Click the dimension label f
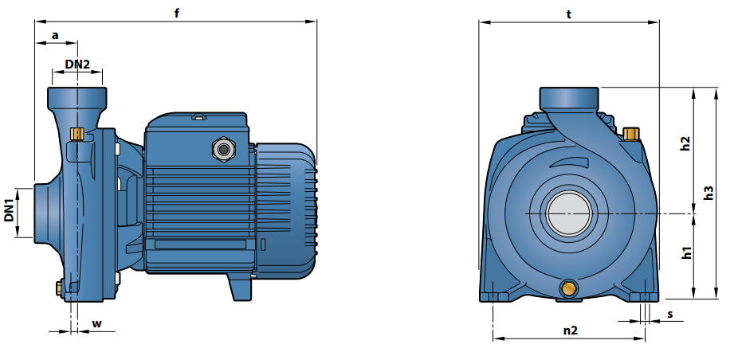(x=176, y=13)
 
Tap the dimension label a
(x=55, y=35)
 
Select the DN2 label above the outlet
(x=77, y=64)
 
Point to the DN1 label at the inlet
(x=9, y=210)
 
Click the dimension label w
(x=97, y=323)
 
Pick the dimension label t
(x=569, y=14)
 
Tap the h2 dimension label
(x=685, y=143)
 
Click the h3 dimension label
(x=708, y=193)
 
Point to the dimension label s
(x=670, y=314)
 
